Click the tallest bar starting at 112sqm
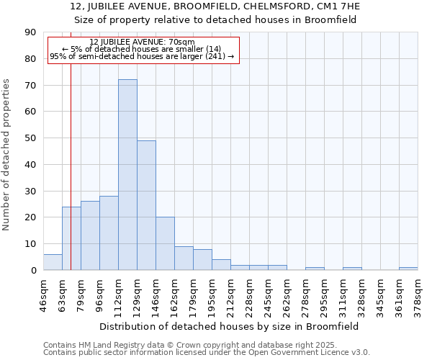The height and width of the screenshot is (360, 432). (x=127, y=175)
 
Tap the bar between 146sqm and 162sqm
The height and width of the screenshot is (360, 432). (x=165, y=243)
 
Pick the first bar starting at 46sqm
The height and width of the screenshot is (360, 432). (x=53, y=262)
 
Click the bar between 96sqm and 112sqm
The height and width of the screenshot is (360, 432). (x=109, y=233)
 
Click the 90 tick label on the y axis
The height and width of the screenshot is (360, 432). (x=30, y=32)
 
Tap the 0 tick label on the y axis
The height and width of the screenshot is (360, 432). (x=33, y=271)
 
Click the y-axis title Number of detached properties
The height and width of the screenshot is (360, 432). (x=7, y=155)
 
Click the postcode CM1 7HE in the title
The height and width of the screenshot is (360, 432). (x=336, y=6)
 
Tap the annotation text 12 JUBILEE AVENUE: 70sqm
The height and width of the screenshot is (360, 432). (x=143, y=42)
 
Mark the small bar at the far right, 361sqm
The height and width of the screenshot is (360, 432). (x=408, y=269)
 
